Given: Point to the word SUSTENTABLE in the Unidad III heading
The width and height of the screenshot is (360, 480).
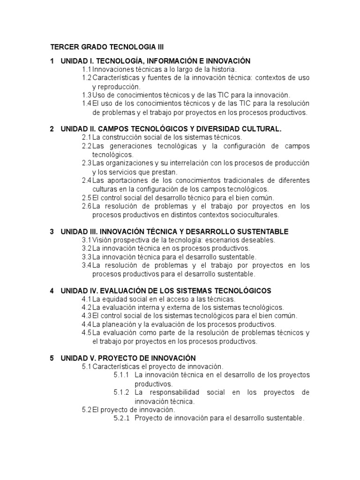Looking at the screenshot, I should point(260,232).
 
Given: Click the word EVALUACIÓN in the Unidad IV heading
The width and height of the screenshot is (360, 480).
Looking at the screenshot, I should point(121,291).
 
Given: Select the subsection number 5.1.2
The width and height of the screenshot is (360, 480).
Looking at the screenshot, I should point(121,392).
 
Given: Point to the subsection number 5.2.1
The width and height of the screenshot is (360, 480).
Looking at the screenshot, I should point(121,418).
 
